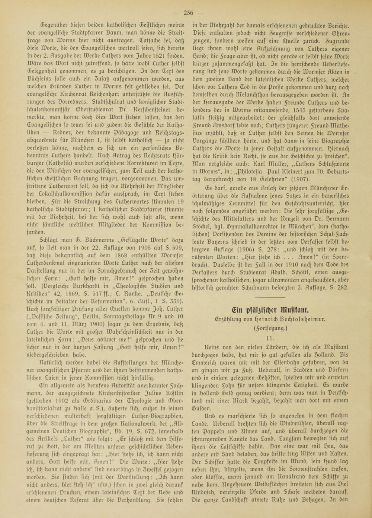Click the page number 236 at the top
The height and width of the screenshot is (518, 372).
pos(188,13)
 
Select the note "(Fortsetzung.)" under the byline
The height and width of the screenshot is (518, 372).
pos(270,328)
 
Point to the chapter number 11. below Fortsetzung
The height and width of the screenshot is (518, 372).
pos(270,338)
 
